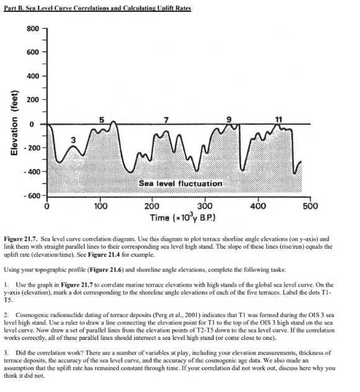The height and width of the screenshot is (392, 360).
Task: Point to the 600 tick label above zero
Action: [33, 51]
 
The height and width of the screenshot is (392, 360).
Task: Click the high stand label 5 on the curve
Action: [110, 117]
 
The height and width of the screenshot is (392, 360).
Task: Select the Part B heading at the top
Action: [97, 7]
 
